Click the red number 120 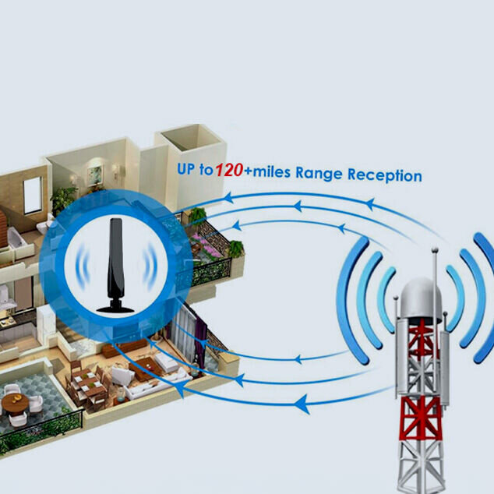pyautogui.click(x=229, y=171)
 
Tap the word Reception pyautogui.click(x=384, y=175)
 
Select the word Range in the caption pyautogui.click(x=319, y=173)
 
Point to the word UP pyautogui.click(x=186, y=169)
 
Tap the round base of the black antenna pyautogui.click(x=115, y=308)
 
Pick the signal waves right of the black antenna pyautogui.click(x=150, y=266)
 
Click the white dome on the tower pyautogui.click(x=421, y=299)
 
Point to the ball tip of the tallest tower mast pyautogui.click(x=435, y=250)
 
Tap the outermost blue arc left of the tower pyautogui.click(x=351, y=301)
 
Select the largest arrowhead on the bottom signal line pyautogui.click(x=302, y=404)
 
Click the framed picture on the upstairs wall pyautogui.click(x=95, y=175)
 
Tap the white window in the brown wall pyautogui.click(x=33, y=195)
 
